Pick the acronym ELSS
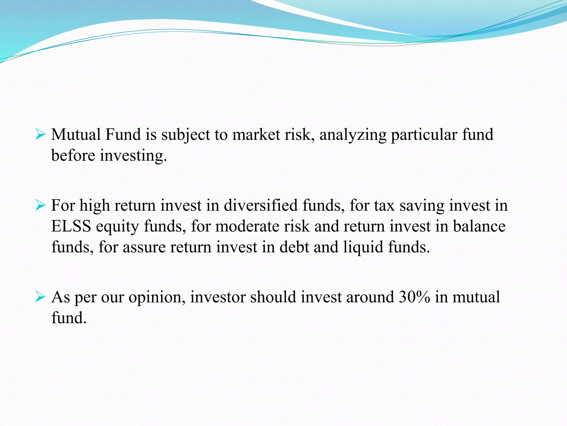71,226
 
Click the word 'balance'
479,226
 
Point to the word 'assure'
144,247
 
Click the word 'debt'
294,247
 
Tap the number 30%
414,297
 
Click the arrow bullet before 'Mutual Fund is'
40,135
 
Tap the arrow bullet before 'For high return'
40,206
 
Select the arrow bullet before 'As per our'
40,297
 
